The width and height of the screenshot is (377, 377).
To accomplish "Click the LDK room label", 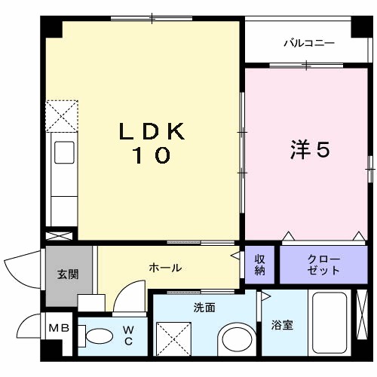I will click(152, 130).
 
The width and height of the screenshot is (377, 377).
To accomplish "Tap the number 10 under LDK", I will click(152, 156).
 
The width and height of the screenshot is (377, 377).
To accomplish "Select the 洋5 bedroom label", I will click(310, 149).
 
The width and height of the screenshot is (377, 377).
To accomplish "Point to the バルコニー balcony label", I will click(308, 44).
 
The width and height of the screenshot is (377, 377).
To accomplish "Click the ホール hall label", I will click(164, 268).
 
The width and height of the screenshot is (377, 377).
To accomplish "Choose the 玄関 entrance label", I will click(68, 274).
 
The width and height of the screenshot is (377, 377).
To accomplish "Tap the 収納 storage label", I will click(259, 265).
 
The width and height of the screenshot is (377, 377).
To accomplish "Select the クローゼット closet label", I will click(323, 265).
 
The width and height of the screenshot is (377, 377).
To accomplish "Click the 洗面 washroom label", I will click(204, 308).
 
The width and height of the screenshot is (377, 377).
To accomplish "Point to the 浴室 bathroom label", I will click(283, 325).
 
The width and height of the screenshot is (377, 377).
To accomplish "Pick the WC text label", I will click(128, 335).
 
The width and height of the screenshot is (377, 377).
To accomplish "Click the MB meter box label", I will click(58, 328).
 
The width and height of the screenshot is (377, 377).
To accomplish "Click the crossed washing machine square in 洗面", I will click(173, 336).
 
